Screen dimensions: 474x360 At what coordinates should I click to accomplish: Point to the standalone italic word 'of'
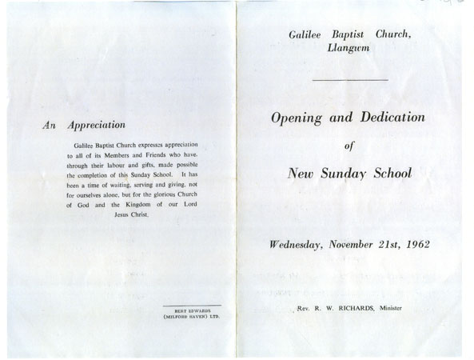pos(348,146)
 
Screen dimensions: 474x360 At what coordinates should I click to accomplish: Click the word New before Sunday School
pos(302,173)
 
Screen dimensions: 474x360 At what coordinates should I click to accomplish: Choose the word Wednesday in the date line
pos(290,243)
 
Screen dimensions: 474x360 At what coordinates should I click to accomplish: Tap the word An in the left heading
pos(50,125)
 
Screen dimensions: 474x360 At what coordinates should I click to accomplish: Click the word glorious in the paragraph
pos(161,194)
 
